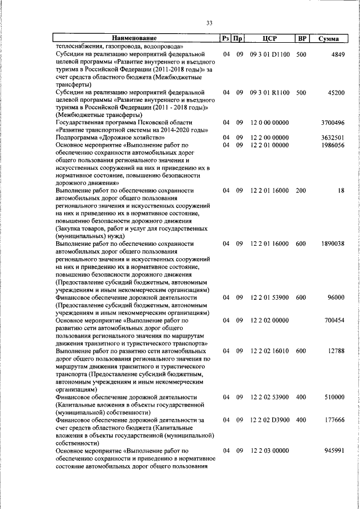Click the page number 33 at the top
click(209, 23)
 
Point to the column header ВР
click(302, 38)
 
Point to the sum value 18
click(341, 191)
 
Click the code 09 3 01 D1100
click(269, 54)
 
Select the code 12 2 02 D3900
click(269, 420)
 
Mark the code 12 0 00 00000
click(269, 123)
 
